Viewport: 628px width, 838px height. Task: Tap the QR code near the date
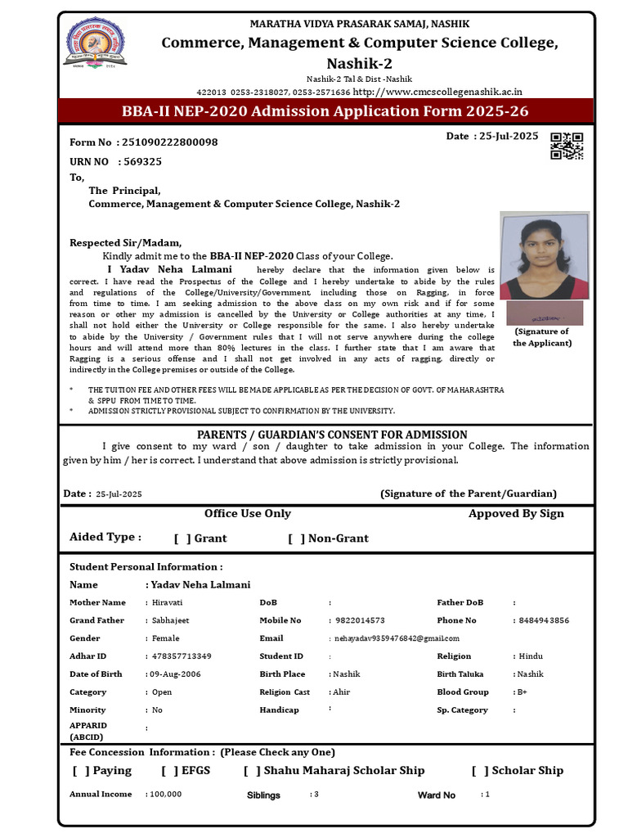(x=567, y=146)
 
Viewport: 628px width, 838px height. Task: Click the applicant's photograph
(x=545, y=256)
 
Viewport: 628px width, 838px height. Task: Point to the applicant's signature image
(x=545, y=313)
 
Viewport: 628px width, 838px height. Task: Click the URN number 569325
(x=142, y=162)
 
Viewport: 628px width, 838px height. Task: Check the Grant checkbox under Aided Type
(x=182, y=538)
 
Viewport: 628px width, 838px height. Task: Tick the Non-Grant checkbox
(x=296, y=538)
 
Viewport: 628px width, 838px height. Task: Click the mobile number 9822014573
(x=361, y=621)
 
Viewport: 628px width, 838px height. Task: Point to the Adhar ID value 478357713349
(x=182, y=656)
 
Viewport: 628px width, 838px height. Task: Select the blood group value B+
(x=521, y=692)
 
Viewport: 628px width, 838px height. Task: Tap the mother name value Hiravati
(x=168, y=603)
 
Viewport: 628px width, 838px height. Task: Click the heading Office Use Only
(x=248, y=514)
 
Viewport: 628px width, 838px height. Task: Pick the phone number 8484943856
(x=543, y=621)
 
